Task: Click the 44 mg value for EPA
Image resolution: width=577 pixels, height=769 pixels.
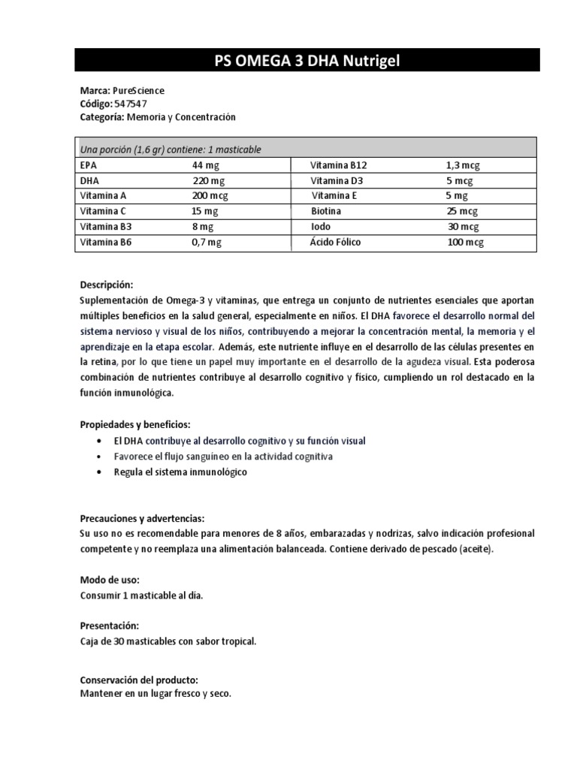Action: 204,165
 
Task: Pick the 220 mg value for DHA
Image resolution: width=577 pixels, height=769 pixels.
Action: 206,181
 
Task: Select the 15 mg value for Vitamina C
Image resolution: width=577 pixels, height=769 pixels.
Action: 204,211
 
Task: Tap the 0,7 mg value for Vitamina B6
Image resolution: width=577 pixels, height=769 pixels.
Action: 207,242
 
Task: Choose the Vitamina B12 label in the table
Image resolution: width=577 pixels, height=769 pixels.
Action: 339,165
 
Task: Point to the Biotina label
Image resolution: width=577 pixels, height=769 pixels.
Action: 327,211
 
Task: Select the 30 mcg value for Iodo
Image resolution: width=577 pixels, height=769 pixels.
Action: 463,226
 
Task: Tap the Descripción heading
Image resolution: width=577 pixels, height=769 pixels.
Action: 106,285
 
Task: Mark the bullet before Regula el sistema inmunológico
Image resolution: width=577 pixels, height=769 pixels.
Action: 101,473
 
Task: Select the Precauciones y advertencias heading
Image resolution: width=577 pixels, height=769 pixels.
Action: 142,518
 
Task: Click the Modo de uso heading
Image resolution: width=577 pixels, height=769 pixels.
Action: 109,581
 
